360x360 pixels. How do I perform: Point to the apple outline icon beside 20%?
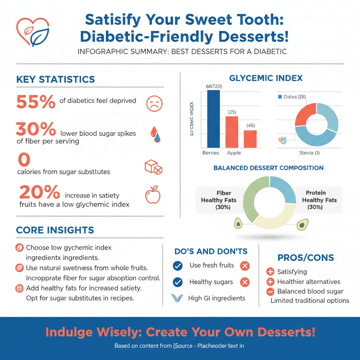tap(153, 195)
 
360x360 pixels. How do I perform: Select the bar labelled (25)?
tap(232, 132)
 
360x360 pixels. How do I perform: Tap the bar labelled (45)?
tap(250, 139)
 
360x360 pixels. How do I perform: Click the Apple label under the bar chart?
tap(234, 153)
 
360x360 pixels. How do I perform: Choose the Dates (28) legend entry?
tap(292, 97)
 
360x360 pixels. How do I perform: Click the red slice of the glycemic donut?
tap(304, 115)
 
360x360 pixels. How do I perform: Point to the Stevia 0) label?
tap(309, 153)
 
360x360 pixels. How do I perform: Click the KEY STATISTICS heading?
tap(56, 79)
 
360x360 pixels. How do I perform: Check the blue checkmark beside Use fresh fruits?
tap(178, 266)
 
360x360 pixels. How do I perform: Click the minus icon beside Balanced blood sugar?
tap(270, 291)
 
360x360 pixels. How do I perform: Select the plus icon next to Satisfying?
tap(270, 272)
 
